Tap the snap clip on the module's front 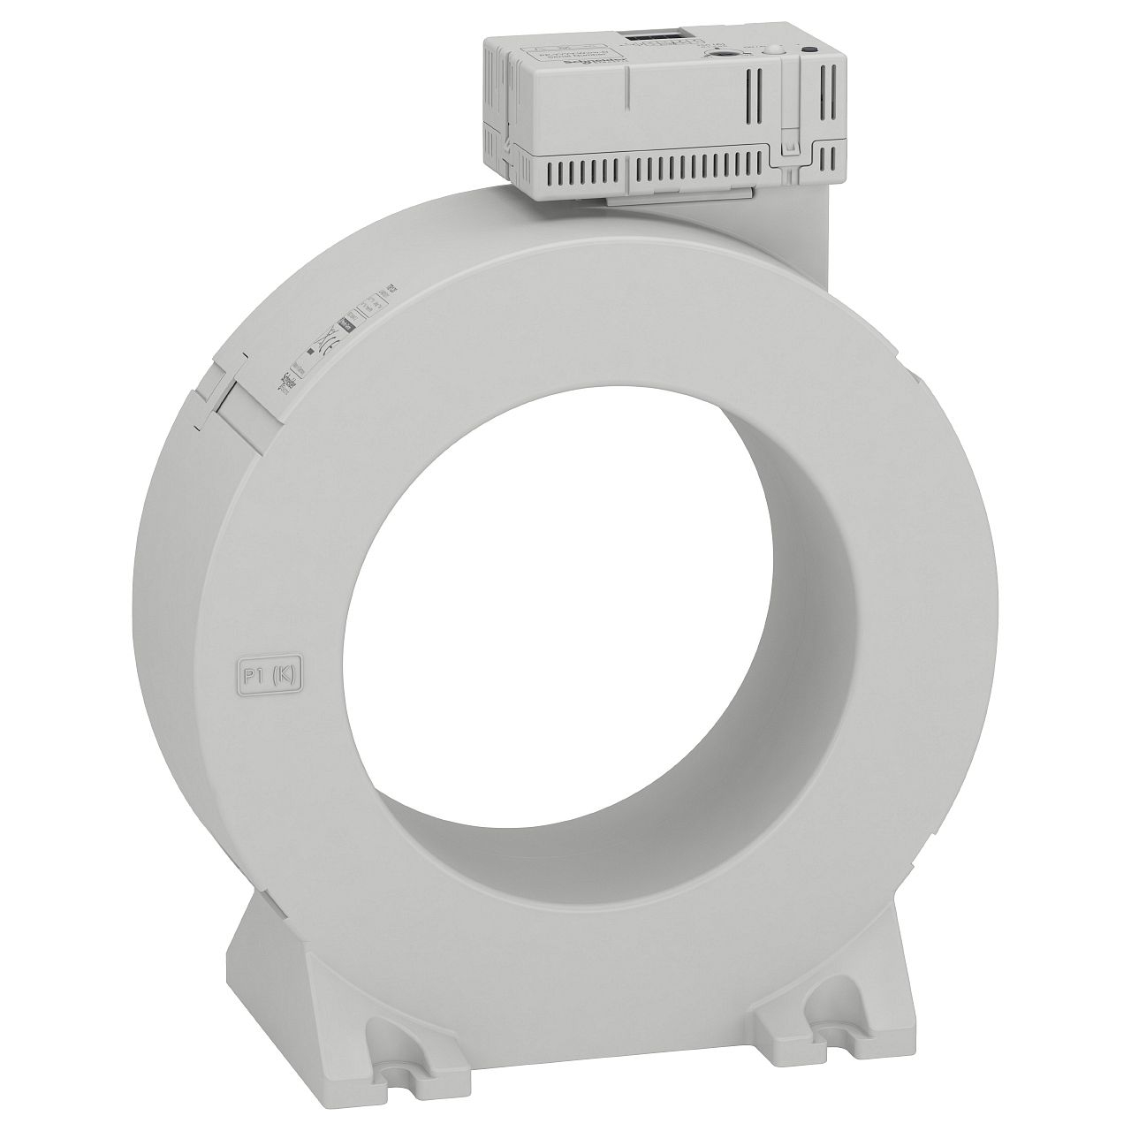click(792, 141)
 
